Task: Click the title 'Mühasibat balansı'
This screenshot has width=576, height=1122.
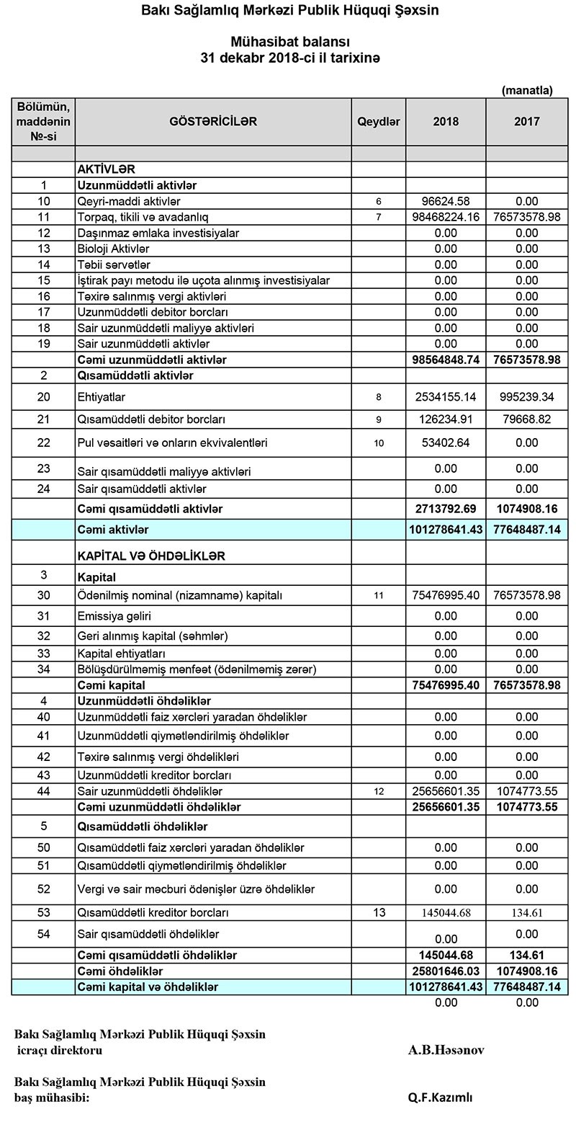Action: click(289, 43)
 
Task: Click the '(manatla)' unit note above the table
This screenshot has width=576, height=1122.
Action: click(526, 91)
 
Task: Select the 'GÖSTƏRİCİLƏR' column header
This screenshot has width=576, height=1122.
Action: click(213, 122)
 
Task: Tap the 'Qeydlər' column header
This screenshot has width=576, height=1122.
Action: click(379, 122)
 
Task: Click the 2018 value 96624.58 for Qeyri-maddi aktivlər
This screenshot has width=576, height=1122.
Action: click(446, 201)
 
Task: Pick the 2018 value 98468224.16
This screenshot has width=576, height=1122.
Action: click(446, 217)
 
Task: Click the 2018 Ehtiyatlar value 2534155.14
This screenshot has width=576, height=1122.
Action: click(446, 397)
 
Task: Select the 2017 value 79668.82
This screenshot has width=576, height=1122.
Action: click(526, 419)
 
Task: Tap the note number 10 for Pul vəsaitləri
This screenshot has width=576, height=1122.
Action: click(379, 443)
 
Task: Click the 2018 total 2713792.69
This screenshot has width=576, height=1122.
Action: click(446, 509)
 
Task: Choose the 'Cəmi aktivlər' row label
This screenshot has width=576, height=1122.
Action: click(113, 530)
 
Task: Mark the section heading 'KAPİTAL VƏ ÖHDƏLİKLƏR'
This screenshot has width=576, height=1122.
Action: click(151, 556)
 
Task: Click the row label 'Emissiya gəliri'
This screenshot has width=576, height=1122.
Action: click(114, 616)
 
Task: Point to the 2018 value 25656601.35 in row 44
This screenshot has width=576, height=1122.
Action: click(446, 791)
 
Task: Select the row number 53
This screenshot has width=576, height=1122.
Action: click(43, 913)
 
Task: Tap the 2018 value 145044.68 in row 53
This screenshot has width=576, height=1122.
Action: click(446, 913)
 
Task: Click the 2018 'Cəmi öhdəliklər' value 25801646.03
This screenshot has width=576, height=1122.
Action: click(446, 971)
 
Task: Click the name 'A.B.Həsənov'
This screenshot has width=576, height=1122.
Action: click(446, 1050)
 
